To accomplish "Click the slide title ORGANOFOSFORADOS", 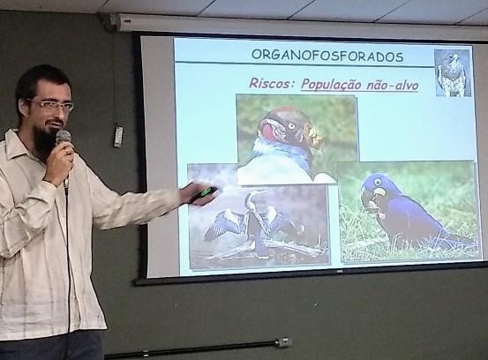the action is tap(327, 56).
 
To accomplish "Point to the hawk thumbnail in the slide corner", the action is tap(452, 73).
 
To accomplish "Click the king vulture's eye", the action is tap(291, 125).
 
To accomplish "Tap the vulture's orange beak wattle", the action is tap(315, 136).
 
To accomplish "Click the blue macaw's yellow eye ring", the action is tap(377, 182).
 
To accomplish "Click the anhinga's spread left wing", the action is tap(223, 224).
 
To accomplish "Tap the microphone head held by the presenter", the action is tap(64, 138).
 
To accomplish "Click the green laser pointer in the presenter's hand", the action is tap(208, 191).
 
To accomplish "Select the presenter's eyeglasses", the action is tap(52, 106).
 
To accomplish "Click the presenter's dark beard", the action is tap(47, 140).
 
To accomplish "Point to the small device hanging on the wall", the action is tap(118, 136).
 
